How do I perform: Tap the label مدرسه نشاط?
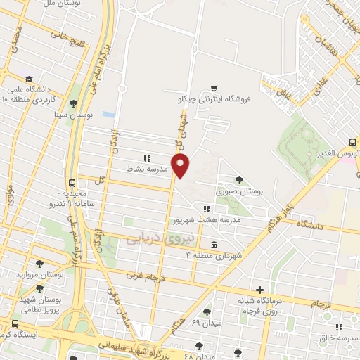146,169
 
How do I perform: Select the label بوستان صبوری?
239,191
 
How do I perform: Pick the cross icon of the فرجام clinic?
259,290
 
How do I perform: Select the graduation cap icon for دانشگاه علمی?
29,79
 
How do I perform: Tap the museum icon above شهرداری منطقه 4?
213,244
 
